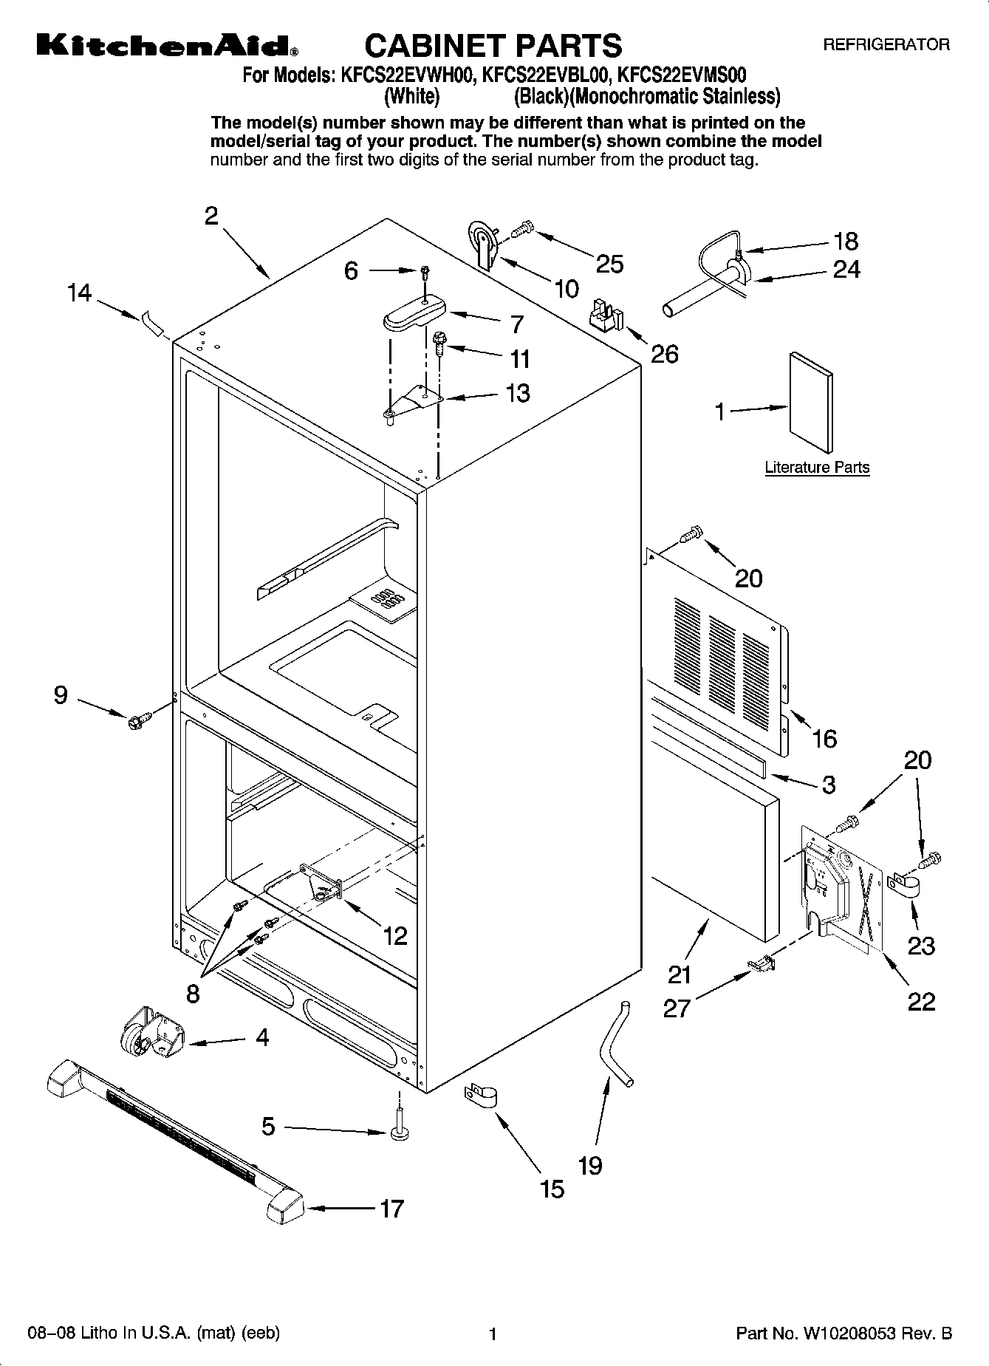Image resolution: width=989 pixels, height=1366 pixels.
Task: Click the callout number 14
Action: [79, 293]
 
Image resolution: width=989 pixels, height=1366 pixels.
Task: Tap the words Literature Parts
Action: [817, 468]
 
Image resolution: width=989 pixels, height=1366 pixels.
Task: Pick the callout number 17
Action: [392, 1209]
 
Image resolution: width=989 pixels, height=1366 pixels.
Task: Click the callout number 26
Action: [664, 354]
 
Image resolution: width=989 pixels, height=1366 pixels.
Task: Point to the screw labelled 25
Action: [522, 229]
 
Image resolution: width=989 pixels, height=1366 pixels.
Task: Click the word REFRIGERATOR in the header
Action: [886, 45]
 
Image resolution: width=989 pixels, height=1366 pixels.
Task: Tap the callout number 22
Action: [921, 1001]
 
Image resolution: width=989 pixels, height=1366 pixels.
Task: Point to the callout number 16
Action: [824, 737]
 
